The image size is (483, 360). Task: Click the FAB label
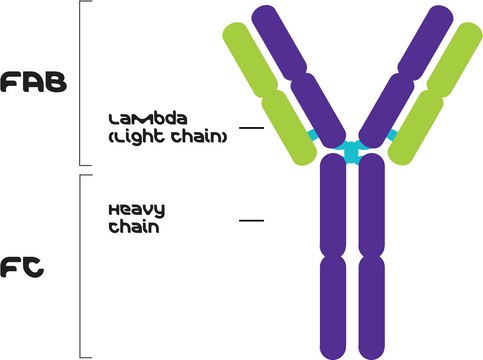33,82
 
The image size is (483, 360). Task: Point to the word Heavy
136,210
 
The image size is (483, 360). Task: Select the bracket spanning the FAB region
81,82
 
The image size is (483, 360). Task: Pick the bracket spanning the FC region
81,265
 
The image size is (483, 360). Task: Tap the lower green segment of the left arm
289,128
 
